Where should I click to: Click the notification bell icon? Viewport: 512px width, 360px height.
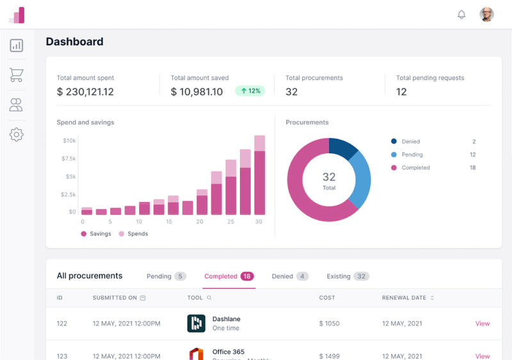[461, 15]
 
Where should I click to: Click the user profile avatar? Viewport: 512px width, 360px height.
[487, 15]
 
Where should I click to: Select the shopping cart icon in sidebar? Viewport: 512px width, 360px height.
[16, 75]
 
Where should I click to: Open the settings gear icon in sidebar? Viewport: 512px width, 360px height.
[16, 134]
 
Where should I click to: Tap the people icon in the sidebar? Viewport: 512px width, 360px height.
[16, 105]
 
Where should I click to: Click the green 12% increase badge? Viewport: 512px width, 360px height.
[250, 91]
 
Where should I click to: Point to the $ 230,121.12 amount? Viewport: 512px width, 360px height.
[85, 91]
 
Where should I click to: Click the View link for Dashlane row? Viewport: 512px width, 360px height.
[482, 324]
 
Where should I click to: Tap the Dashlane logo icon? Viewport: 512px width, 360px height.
[196, 324]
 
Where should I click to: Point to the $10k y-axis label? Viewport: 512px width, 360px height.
[69, 140]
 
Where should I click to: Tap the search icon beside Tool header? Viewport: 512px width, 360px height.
[209, 298]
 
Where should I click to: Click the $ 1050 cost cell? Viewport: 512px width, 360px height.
[330, 324]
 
